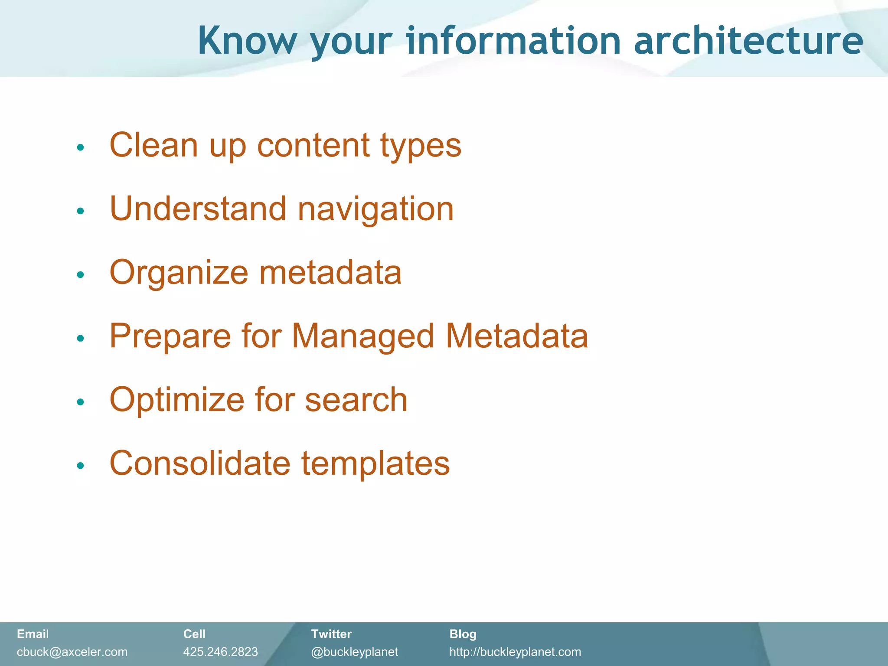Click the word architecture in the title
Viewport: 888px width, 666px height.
748,41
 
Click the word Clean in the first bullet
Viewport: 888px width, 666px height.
153,145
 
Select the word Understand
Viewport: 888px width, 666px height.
198,209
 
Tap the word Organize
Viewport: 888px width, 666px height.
179,273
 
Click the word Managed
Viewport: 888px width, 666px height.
362,337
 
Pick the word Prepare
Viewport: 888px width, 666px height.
170,337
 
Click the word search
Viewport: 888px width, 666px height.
356,399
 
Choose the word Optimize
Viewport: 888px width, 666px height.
176,400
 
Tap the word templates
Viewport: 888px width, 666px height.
375,464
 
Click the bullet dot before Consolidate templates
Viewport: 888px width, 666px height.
80,466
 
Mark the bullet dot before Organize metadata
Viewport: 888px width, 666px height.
80,274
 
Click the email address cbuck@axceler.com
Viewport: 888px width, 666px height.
72,652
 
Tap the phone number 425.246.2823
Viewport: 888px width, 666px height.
220,652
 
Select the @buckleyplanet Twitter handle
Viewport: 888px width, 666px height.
354,652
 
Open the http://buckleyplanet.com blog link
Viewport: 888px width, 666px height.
515,652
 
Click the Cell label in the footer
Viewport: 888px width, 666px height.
194,634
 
